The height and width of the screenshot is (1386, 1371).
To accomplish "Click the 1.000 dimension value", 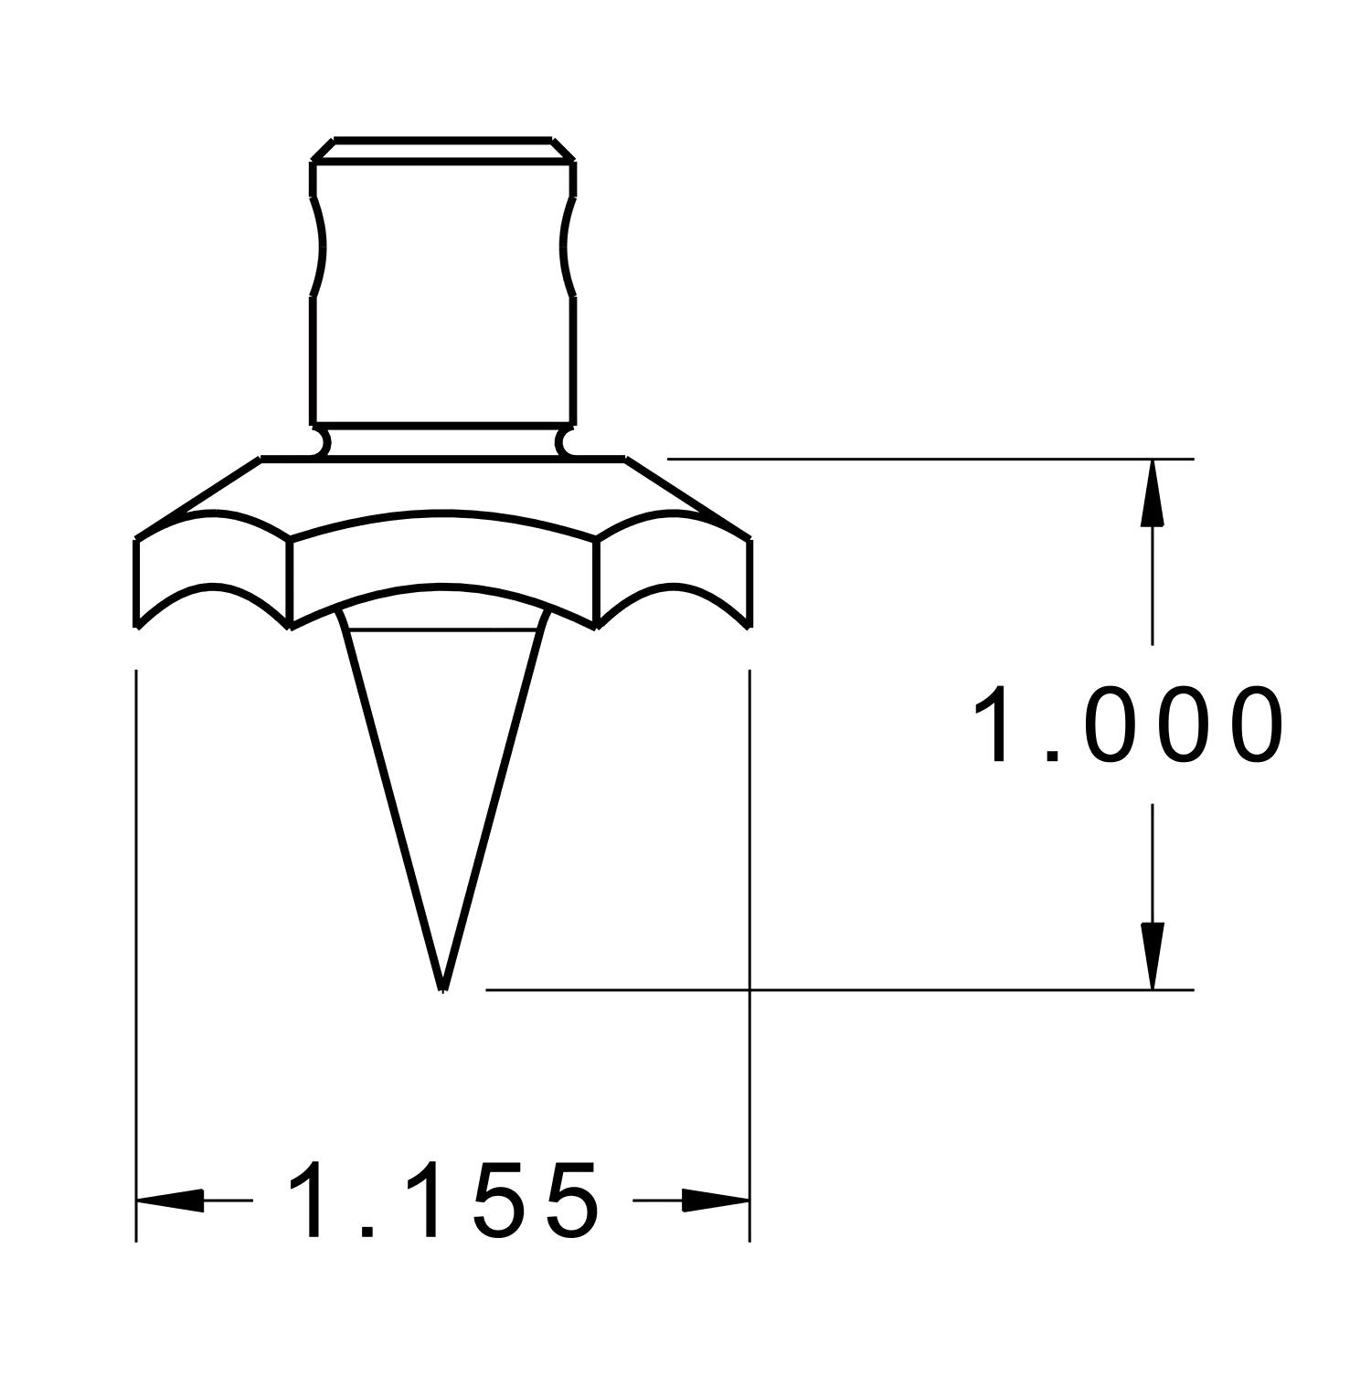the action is tap(1127, 725).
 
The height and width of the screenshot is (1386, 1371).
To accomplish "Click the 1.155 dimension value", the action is tap(443, 1200).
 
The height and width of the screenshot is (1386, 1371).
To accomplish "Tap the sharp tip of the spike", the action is tap(443, 989).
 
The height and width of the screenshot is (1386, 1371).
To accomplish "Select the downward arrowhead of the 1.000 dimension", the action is tap(1152, 956).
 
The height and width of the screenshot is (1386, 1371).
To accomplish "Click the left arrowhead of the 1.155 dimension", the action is tap(170, 1200).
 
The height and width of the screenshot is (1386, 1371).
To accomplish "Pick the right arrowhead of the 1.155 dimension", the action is tap(716, 1200).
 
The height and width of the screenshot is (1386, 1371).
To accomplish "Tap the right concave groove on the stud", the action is tap(569, 246).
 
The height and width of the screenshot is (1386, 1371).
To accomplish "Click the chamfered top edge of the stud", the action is tap(443, 151).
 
